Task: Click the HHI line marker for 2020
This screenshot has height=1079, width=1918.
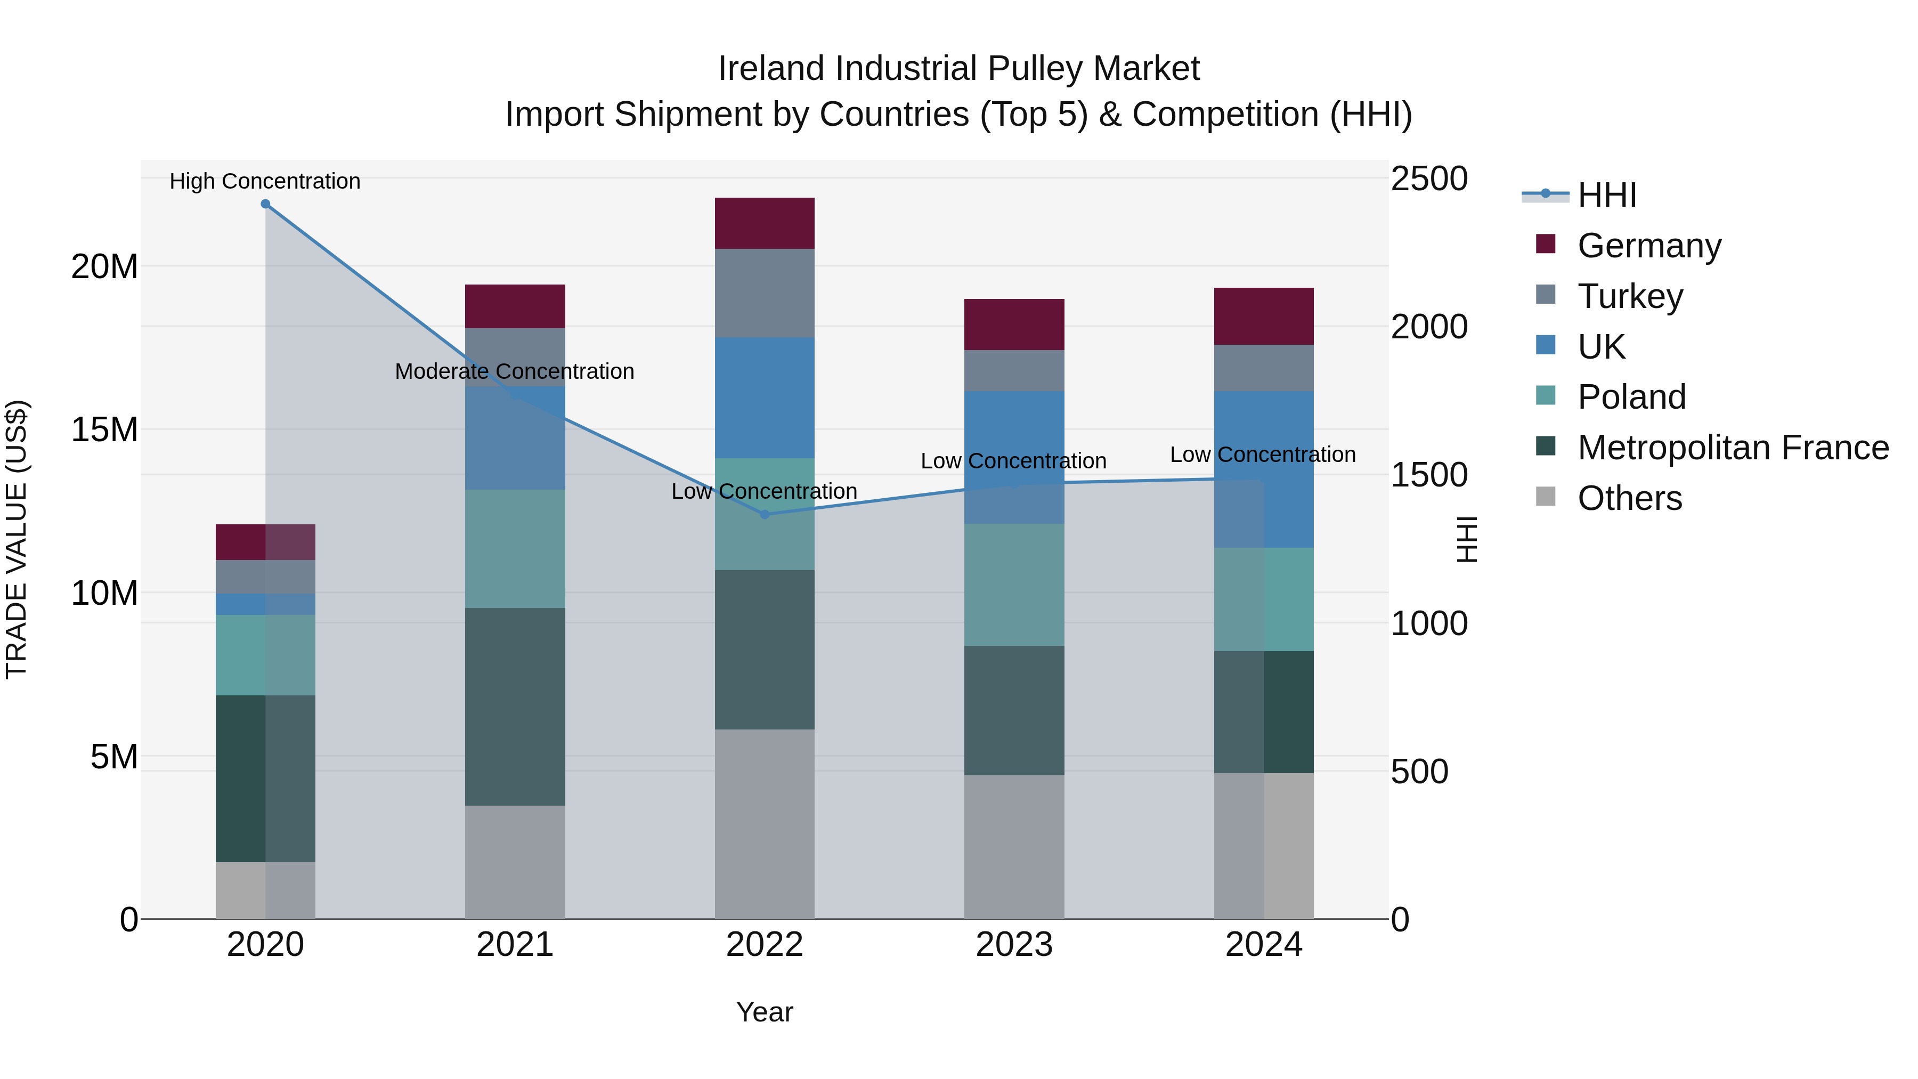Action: click(265, 204)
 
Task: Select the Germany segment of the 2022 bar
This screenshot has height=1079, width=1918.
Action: click(764, 223)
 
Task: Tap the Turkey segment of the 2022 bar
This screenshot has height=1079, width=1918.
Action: click(764, 294)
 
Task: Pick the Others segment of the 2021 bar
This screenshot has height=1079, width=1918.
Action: click(515, 862)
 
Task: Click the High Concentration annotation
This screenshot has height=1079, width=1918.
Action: click(265, 181)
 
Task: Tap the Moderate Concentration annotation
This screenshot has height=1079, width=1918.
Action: click(515, 371)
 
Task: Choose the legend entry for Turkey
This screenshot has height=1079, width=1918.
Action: click(1629, 296)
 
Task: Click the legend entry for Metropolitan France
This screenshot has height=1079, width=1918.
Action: click(1733, 448)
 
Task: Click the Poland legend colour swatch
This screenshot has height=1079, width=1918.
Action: click(1545, 395)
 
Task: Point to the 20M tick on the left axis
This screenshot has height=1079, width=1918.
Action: click(104, 266)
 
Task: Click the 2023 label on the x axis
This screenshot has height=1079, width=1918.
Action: click(1013, 945)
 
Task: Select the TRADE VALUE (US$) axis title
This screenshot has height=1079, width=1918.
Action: click(17, 539)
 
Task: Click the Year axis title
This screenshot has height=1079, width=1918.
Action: click(764, 1012)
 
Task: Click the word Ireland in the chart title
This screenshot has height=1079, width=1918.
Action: click(771, 69)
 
